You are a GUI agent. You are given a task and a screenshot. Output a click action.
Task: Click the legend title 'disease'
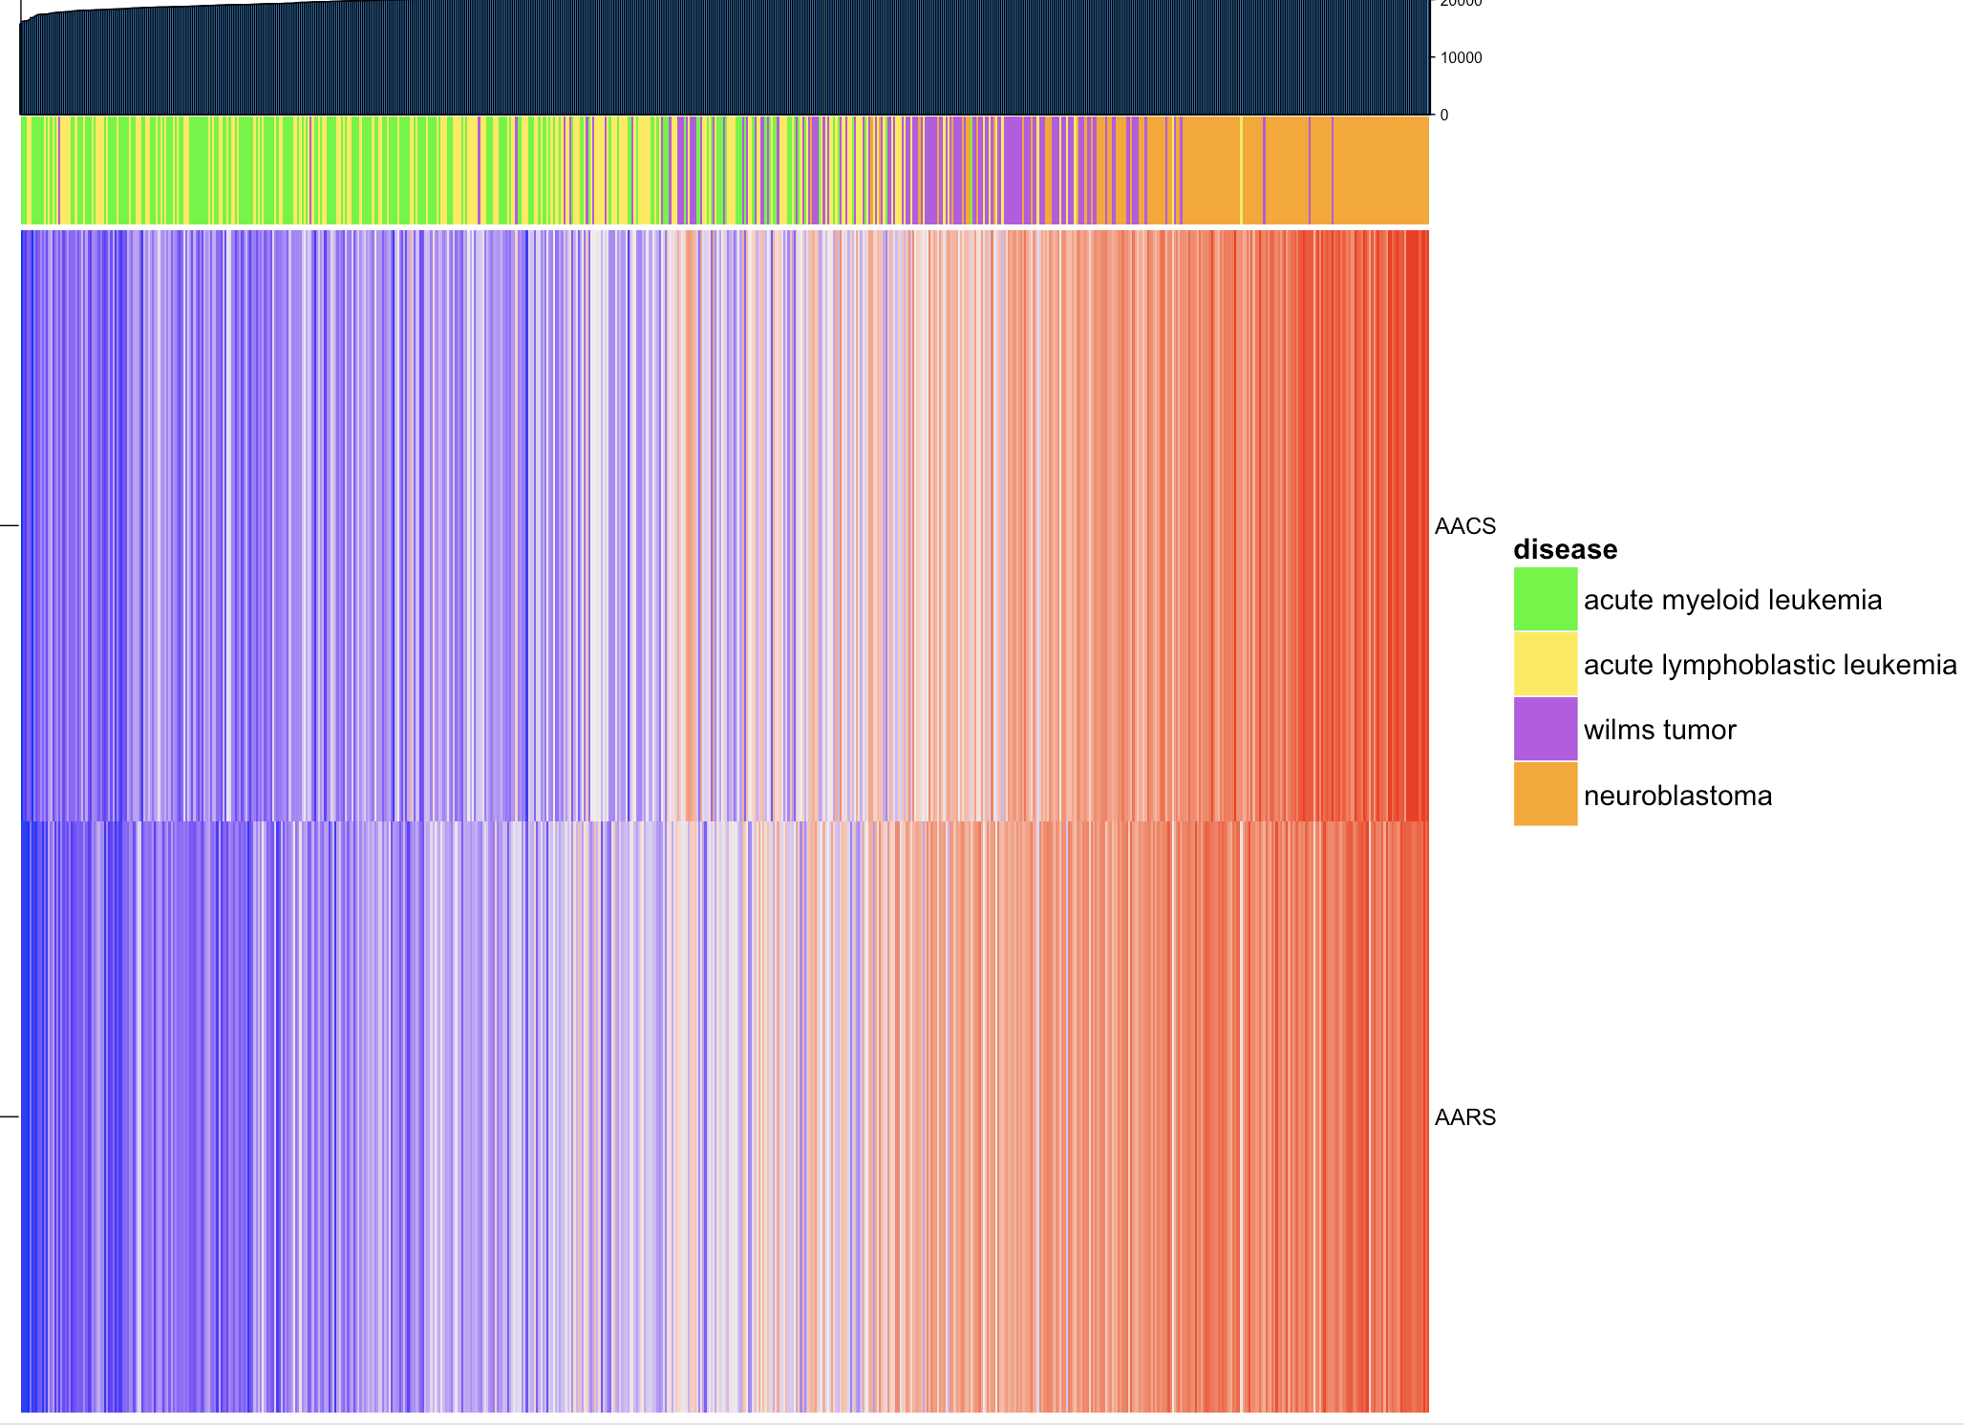pos(1565,549)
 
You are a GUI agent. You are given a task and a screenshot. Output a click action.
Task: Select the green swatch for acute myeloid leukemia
pos(1545,599)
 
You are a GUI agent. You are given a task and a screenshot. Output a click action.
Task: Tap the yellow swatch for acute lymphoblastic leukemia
pos(1545,664)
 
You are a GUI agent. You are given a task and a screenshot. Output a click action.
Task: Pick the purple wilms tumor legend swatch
pos(1545,729)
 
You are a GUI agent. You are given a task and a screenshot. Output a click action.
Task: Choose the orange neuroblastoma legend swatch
pos(1545,794)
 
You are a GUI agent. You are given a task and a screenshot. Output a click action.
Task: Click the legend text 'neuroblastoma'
pos(1677,796)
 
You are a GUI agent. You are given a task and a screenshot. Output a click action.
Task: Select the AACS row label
pos(1464,526)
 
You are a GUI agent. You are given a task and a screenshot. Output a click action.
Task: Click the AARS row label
pos(1464,1117)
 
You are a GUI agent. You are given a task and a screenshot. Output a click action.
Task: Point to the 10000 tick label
pos(1462,58)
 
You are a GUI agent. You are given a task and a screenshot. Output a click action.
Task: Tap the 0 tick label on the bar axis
pos(1443,116)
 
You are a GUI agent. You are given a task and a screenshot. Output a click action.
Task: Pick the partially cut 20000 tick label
pos(1462,4)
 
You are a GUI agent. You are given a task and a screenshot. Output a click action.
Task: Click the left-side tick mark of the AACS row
pos(9,525)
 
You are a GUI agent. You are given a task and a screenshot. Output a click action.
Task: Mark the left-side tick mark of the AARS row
pos(9,1117)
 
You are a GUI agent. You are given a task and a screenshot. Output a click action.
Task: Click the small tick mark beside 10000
pos(1433,57)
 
